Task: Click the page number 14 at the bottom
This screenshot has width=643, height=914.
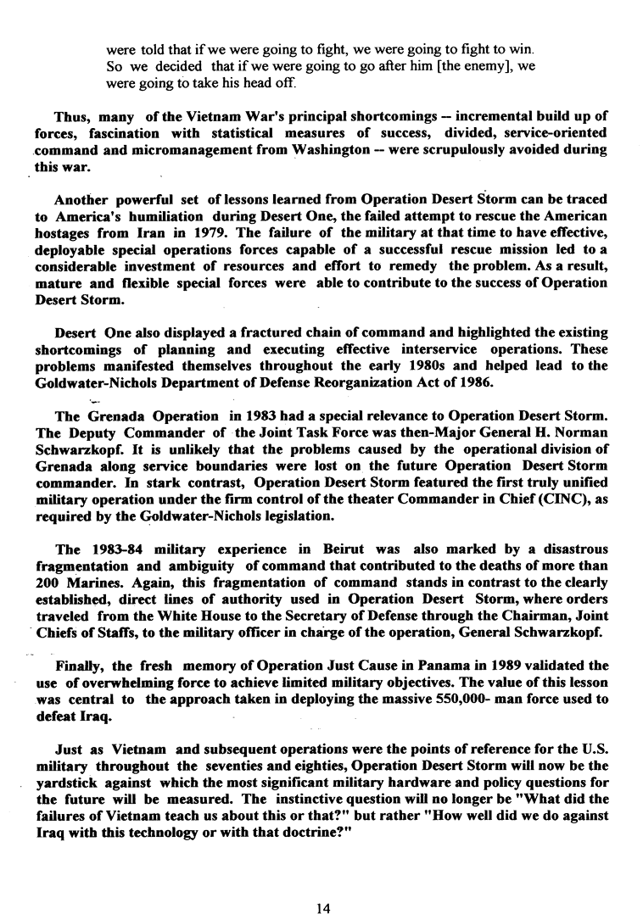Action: click(x=321, y=885)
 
